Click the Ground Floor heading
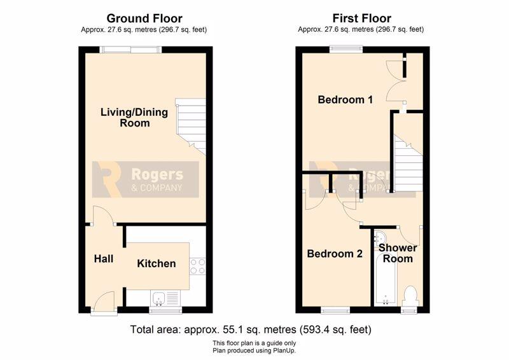(x=144, y=18)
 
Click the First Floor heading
(x=361, y=18)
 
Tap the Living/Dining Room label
(x=134, y=118)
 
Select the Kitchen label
(x=157, y=263)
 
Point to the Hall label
(x=104, y=259)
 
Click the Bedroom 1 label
(x=345, y=99)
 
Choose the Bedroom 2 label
(x=335, y=254)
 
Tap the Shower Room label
(x=398, y=253)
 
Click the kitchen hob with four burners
(x=198, y=267)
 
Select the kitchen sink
(x=165, y=298)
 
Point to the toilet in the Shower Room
(x=410, y=296)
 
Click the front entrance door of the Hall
(x=104, y=303)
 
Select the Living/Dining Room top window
(x=130, y=50)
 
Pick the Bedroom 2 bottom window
(x=335, y=310)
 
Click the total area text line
(x=251, y=329)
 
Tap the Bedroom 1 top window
(x=346, y=50)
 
